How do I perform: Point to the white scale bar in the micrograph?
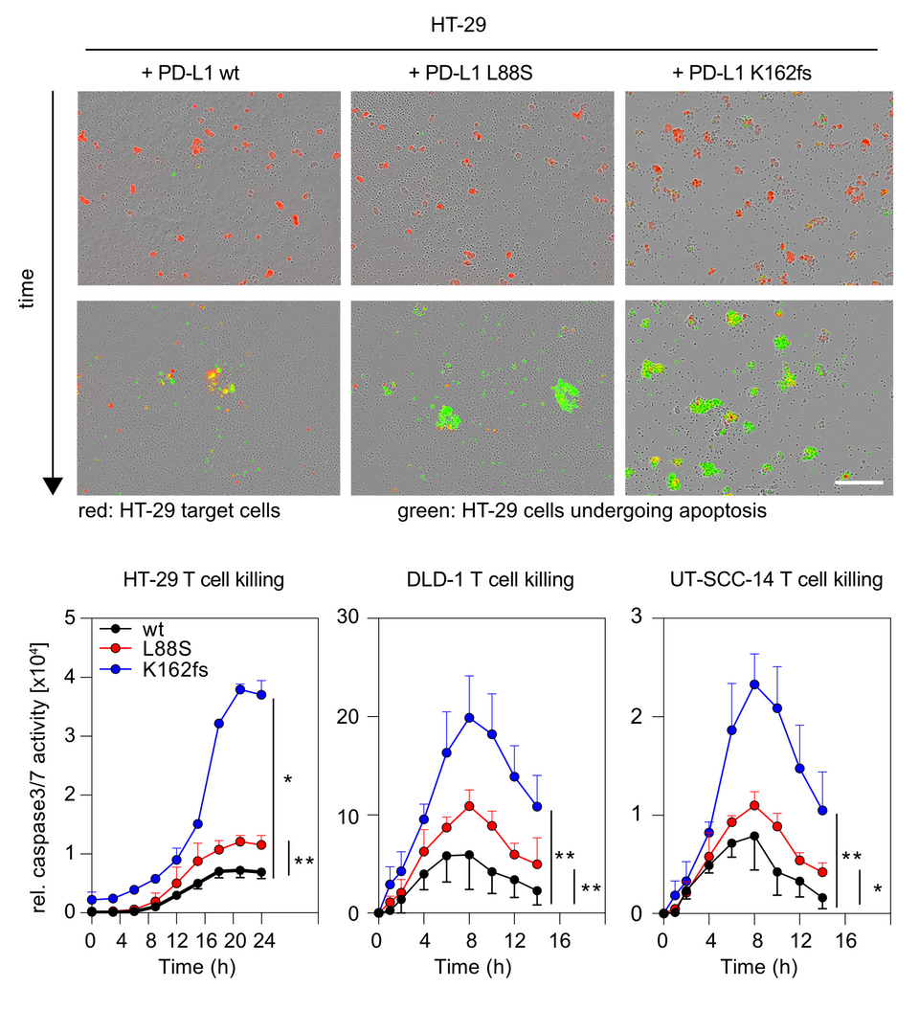pyautogui.click(x=858, y=482)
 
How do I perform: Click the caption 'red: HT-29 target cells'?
pyautogui.click(x=179, y=511)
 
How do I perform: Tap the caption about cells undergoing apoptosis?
pyautogui.click(x=581, y=511)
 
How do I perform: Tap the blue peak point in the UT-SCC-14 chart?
pyautogui.click(x=754, y=684)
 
